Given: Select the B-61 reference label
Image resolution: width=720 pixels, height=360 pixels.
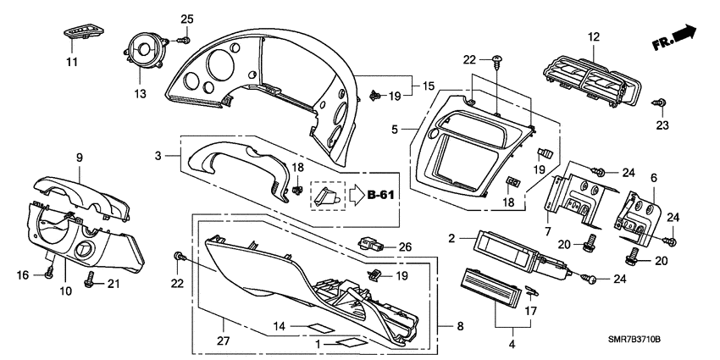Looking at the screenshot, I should pyautogui.click(x=383, y=196).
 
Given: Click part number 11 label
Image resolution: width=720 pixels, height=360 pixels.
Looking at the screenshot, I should pyautogui.click(x=72, y=63).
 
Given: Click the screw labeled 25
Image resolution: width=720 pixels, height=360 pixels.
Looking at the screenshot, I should pyautogui.click(x=183, y=40).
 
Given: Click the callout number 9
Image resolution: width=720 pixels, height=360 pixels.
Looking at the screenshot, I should pyautogui.click(x=79, y=157).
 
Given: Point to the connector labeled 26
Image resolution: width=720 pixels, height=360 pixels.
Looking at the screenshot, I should pyautogui.click(x=370, y=245).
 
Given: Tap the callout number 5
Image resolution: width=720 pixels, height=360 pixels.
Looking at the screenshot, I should pyautogui.click(x=395, y=130).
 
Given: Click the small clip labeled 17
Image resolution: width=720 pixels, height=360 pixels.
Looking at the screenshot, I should pyautogui.click(x=530, y=292).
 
